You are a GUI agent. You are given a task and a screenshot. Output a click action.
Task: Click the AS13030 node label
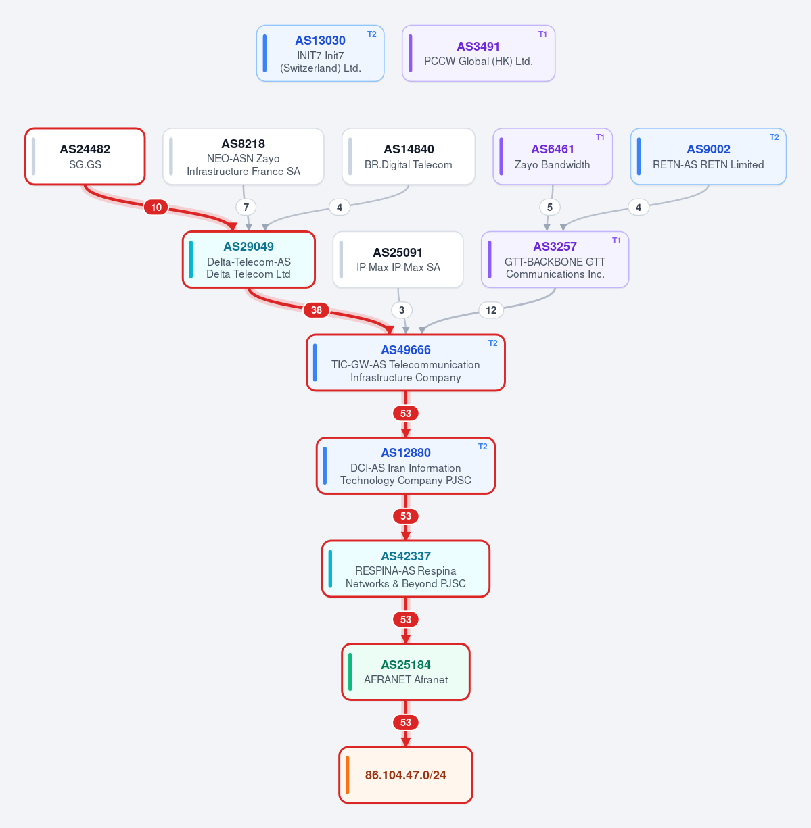[320, 41]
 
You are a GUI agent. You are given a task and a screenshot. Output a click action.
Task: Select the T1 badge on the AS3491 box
[542, 34]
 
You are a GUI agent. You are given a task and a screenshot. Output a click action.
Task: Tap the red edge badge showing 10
[156, 207]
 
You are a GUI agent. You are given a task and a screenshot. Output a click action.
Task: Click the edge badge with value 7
[246, 207]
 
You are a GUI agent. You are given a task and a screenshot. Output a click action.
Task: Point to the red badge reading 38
[317, 310]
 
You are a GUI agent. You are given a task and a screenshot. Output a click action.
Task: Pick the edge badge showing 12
[491, 310]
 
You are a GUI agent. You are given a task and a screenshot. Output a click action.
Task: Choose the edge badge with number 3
[402, 310]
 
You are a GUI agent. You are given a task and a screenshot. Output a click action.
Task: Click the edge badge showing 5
[549, 207]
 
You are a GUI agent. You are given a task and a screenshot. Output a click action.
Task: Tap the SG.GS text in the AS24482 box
[85, 164]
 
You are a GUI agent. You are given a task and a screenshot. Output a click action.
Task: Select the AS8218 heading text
[244, 143]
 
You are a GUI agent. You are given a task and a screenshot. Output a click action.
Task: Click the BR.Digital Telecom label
[408, 164]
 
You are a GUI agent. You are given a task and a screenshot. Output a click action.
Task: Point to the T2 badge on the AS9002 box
[774, 137]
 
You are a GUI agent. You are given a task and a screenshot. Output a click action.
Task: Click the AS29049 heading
[248, 247]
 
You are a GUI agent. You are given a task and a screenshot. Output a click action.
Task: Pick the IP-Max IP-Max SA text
[398, 267]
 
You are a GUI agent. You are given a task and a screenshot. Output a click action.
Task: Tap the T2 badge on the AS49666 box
[493, 343]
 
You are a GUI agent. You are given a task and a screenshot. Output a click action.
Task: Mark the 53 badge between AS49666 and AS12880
[406, 414]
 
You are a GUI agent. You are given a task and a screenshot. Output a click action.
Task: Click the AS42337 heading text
[406, 556]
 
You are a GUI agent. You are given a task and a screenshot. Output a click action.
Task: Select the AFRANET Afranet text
[406, 679]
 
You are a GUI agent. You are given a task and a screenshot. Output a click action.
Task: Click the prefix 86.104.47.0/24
[406, 775]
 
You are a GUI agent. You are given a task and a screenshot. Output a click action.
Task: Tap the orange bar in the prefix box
[348, 775]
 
